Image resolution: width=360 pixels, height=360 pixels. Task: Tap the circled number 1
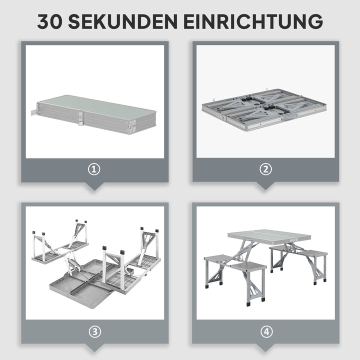click(94, 169)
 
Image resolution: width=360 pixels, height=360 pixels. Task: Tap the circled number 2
click(265, 169)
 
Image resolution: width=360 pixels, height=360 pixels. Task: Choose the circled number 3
click(94, 331)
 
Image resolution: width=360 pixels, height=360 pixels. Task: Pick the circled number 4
click(265, 331)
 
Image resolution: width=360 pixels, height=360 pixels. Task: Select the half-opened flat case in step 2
click(265, 109)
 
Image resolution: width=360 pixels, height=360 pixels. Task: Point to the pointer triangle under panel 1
click(94, 186)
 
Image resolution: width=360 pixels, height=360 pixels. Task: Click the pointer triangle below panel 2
click(265, 186)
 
